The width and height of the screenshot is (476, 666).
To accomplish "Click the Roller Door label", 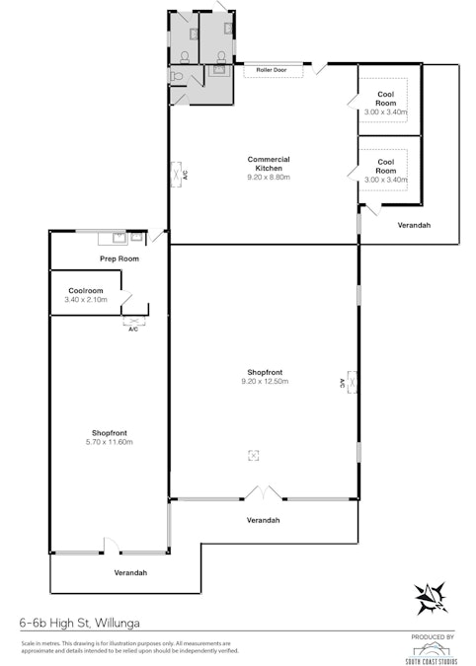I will coord(272,71).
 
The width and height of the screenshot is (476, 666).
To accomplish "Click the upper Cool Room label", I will coord(385,99).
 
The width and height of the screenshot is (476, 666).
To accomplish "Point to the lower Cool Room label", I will coord(385,166).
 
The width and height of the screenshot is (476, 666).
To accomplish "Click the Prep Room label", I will coord(119,259).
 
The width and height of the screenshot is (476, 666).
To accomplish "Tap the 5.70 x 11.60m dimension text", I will coord(111,442).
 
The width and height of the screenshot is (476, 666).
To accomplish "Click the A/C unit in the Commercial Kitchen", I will coord(179,175).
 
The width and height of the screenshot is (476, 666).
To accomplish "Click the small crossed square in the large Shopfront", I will coord(254,454).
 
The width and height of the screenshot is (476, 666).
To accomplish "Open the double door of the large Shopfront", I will coord(264,491).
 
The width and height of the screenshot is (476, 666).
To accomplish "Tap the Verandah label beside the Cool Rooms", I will coord(414,225).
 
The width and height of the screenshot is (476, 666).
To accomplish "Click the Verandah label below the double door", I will coord(262,520).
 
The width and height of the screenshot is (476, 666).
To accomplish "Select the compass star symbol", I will coord(431,595).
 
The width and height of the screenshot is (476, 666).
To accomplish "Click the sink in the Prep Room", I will coord(119,237).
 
